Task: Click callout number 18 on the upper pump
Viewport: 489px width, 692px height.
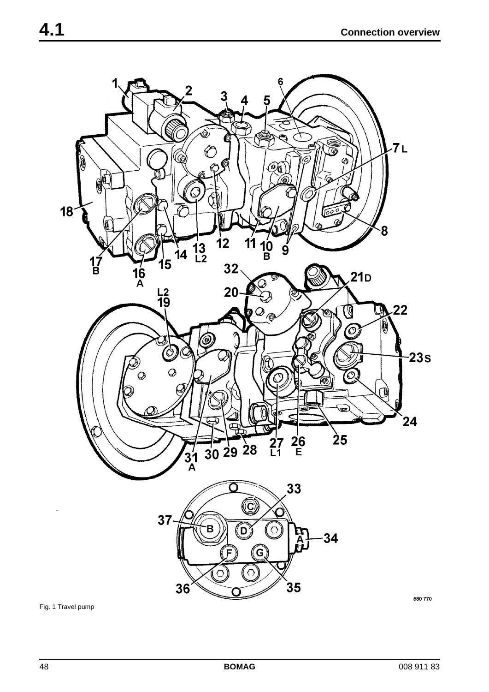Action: click(x=67, y=212)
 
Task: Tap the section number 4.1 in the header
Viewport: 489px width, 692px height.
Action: click(x=52, y=30)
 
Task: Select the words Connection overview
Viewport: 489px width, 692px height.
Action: click(x=390, y=32)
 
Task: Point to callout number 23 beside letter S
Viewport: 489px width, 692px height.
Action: click(x=416, y=358)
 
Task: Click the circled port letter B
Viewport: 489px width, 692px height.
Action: click(x=210, y=529)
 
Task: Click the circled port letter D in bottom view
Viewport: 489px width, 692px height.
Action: click(x=244, y=531)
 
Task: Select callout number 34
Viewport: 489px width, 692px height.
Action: click(x=330, y=538)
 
